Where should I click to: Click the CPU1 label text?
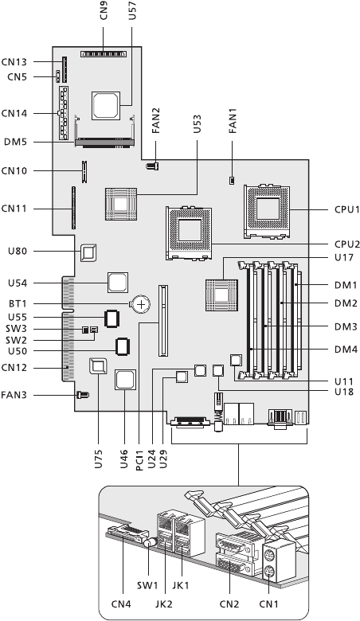347,209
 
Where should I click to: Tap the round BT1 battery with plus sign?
141,304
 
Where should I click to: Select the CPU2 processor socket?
189,233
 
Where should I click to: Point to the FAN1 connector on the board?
231,181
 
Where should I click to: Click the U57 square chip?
105,105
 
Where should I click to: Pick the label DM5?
15,142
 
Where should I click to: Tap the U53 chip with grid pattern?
121,205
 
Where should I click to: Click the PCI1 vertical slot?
162,320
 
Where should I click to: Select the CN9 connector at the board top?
104,53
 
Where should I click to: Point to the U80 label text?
18,251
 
